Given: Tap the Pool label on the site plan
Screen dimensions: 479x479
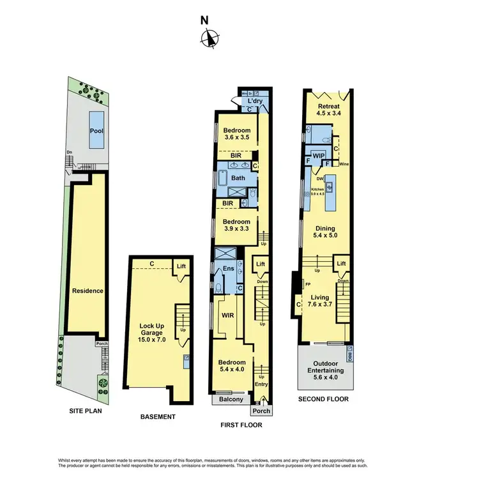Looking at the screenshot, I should click(x=97, y=132).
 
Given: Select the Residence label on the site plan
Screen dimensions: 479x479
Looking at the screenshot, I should click(x=87, y=291).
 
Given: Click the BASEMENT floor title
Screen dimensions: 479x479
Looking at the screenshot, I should click(x=158, y=417).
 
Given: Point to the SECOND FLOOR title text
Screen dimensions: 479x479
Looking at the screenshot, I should click(x=323, y=399).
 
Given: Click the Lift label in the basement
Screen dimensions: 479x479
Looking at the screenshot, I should click(x=181, y=266).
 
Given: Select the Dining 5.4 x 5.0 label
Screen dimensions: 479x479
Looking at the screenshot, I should click(x=324, y=231).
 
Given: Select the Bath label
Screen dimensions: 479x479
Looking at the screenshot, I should click(x=238, y=178).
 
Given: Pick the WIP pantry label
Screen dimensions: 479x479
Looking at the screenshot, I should click(x=319, y=155).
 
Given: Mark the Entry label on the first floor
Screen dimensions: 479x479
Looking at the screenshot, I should click(x=261, y=384).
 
